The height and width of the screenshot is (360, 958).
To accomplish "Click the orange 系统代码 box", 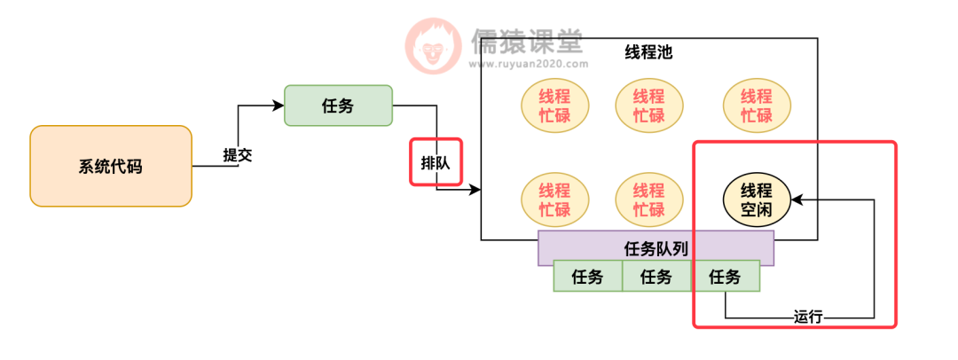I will (x=111, y=166).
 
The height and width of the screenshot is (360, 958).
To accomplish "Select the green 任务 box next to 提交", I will (x=338, y=106).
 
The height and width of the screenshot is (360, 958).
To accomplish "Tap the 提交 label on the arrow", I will (x=238, y=154).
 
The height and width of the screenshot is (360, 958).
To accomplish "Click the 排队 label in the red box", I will (x=436, y=161).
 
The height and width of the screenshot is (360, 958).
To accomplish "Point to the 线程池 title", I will (x=648, y=51).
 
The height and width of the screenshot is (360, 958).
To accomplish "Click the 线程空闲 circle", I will (x=757, y=200).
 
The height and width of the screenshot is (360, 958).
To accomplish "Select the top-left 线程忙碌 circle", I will (x=555, y=106).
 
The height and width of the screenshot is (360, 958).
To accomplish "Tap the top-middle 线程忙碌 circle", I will (x=649, y=106).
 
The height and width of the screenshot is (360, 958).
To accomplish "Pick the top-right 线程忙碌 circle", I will (x=757, y=106).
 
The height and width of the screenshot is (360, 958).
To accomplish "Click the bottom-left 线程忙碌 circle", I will (x=555, y=200).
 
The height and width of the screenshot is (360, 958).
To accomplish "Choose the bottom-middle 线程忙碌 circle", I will (x=649, y=200).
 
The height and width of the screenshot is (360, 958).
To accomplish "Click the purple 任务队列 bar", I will (x=656, y=248).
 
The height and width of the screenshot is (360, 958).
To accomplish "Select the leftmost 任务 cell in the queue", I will (x=587, y=277).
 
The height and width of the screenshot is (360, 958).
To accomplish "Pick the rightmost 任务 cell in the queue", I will (x=725, y=277).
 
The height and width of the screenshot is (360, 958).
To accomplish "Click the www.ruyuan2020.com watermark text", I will (x=528, y=64).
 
